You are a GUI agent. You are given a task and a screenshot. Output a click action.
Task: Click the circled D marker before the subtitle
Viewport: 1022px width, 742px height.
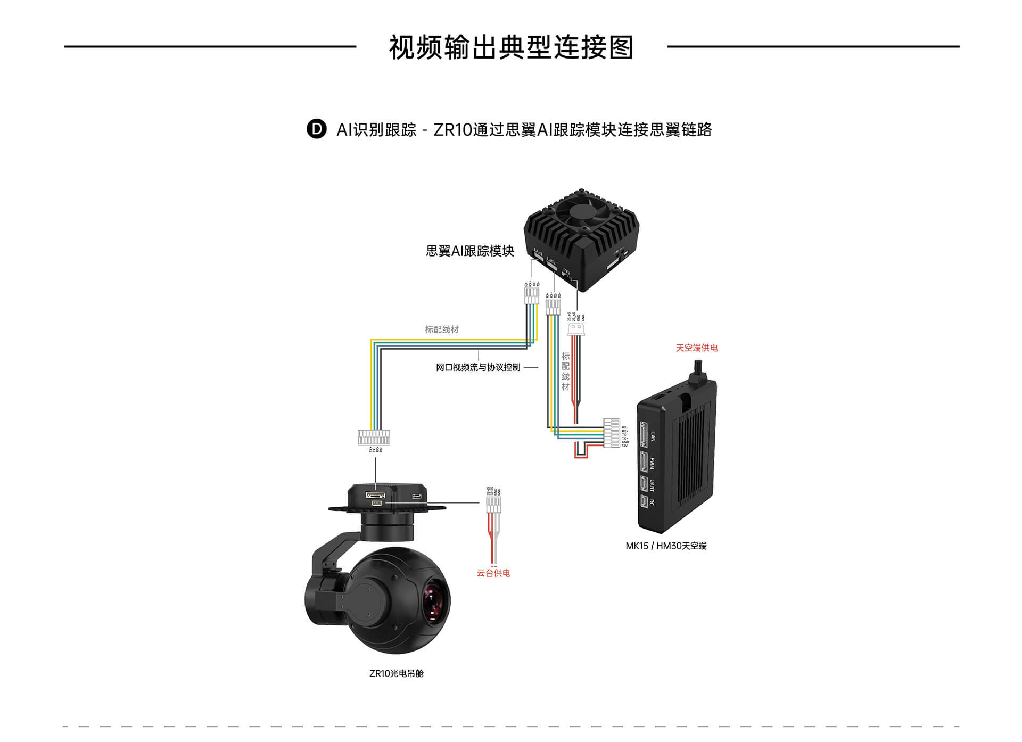pyautogui.click(x=316, y=129)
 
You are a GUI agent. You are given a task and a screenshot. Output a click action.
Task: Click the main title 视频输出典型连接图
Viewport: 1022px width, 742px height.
pyautogui.click(x=511, y=47)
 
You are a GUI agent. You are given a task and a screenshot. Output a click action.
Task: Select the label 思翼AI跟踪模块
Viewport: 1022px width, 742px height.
pyautogui.click(x=470, y=251)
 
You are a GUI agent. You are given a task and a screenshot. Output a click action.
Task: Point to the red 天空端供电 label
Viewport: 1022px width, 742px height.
pyautogui.click(x=697, y=348)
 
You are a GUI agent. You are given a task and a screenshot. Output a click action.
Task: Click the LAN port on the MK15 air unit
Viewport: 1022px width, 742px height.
pyautogui.click(x=644, y=435)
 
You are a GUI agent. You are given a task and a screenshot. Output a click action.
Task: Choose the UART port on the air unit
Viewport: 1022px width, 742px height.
pyautogui.click(x=644, y=484)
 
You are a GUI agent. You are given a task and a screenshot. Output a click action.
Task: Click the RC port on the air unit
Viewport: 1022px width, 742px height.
pyautogui.click(x=644, y=501)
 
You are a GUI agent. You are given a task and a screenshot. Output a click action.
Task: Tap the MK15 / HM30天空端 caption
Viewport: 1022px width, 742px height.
pyautogui.click(x=666, y=546)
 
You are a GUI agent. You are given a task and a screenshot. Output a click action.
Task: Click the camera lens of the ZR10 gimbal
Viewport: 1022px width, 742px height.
pyautogui.click(x=434, y=601)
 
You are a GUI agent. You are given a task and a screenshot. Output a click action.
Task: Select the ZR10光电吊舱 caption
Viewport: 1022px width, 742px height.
pyautogui.click(x=397, y=673)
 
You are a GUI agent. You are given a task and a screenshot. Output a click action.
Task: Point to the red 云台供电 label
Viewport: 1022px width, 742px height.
pyautogui.click(x=493, y=573)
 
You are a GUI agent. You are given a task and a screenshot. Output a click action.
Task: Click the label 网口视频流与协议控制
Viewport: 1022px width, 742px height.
pyautogui.click(x=478, y=367)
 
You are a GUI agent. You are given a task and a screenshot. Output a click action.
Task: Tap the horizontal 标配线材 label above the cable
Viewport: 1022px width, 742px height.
pyautogui.click(x=442, y=329)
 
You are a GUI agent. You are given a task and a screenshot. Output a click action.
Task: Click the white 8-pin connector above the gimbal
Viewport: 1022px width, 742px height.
pyautogui.click(x=374, y=437)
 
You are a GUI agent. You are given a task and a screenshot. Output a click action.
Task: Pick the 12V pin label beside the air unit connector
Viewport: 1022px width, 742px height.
pyautogui.click(x=625, y=446)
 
